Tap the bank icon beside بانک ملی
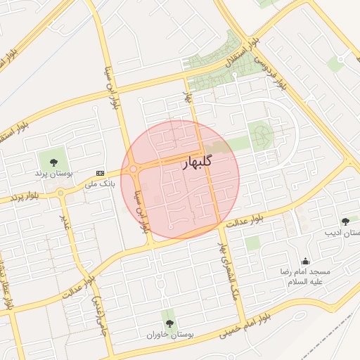100,173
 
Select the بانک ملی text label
99,184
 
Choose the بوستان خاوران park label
169,334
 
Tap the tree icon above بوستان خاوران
169,323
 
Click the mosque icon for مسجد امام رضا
305,261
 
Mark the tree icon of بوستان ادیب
345,221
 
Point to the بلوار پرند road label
17,195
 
